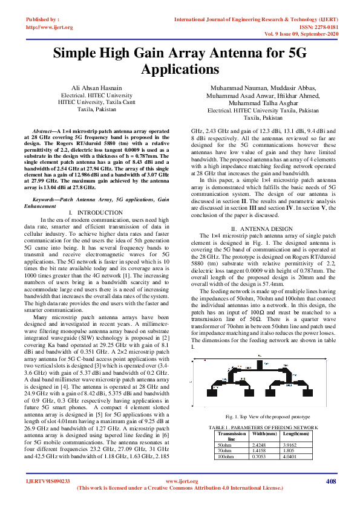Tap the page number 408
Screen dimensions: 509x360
(330, 481)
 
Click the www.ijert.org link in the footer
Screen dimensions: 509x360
(182, 481)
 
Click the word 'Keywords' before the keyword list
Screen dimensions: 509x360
(45, 199)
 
